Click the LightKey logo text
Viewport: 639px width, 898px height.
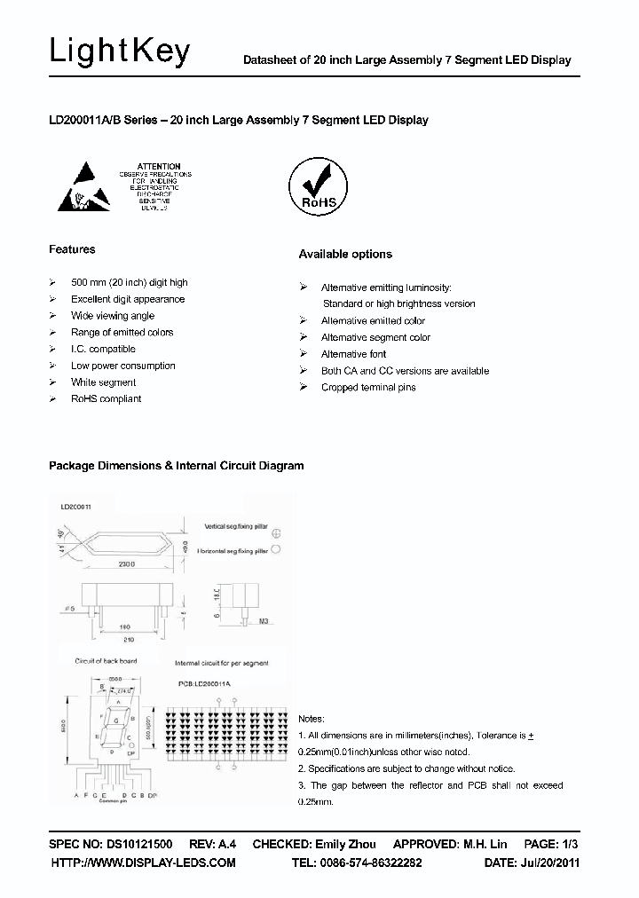(120, 52)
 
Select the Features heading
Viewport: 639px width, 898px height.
(72, 249)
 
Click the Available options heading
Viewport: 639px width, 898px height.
(344, 254)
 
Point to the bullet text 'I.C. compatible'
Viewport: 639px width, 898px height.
(103, 349)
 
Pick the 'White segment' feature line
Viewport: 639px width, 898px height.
(103, 382)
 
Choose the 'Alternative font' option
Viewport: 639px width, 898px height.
(353, 354)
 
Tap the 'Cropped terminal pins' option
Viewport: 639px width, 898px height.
(367, 388)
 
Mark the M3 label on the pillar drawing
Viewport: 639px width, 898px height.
(263, 620)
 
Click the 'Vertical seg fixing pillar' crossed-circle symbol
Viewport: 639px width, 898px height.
(276, 532)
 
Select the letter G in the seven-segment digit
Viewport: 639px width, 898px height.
(114, 720)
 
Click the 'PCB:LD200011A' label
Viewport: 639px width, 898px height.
(202, 683)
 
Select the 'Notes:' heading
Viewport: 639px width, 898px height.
(312, 719)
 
